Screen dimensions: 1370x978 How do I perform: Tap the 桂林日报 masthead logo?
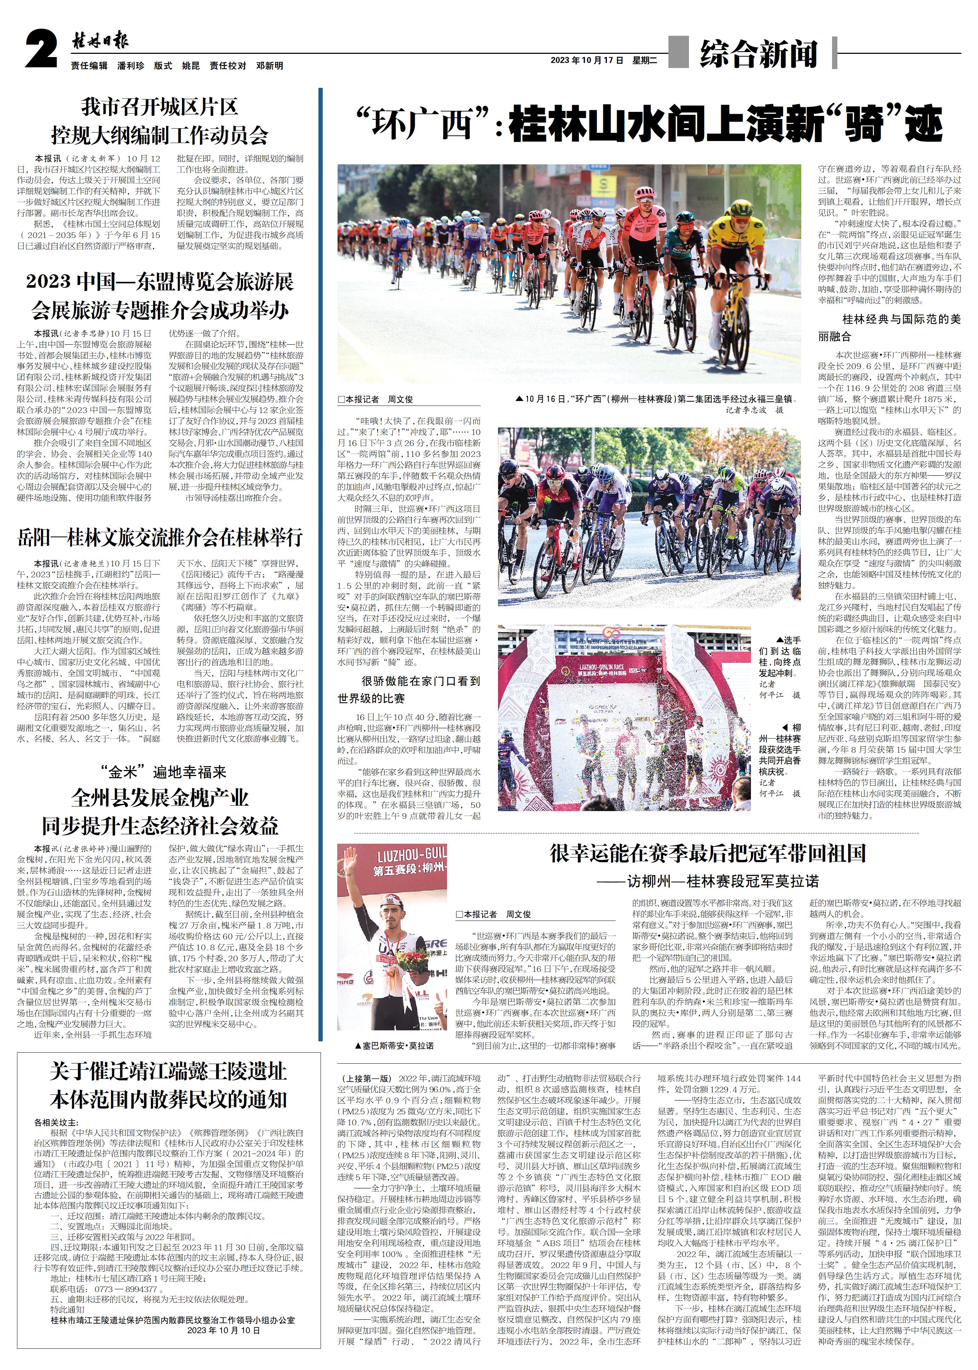[x=100, y=41]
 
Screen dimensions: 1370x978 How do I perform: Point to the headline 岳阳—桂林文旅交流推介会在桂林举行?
[x=160, y=537]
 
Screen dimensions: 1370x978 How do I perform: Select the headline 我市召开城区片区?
[x=160, y=107]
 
